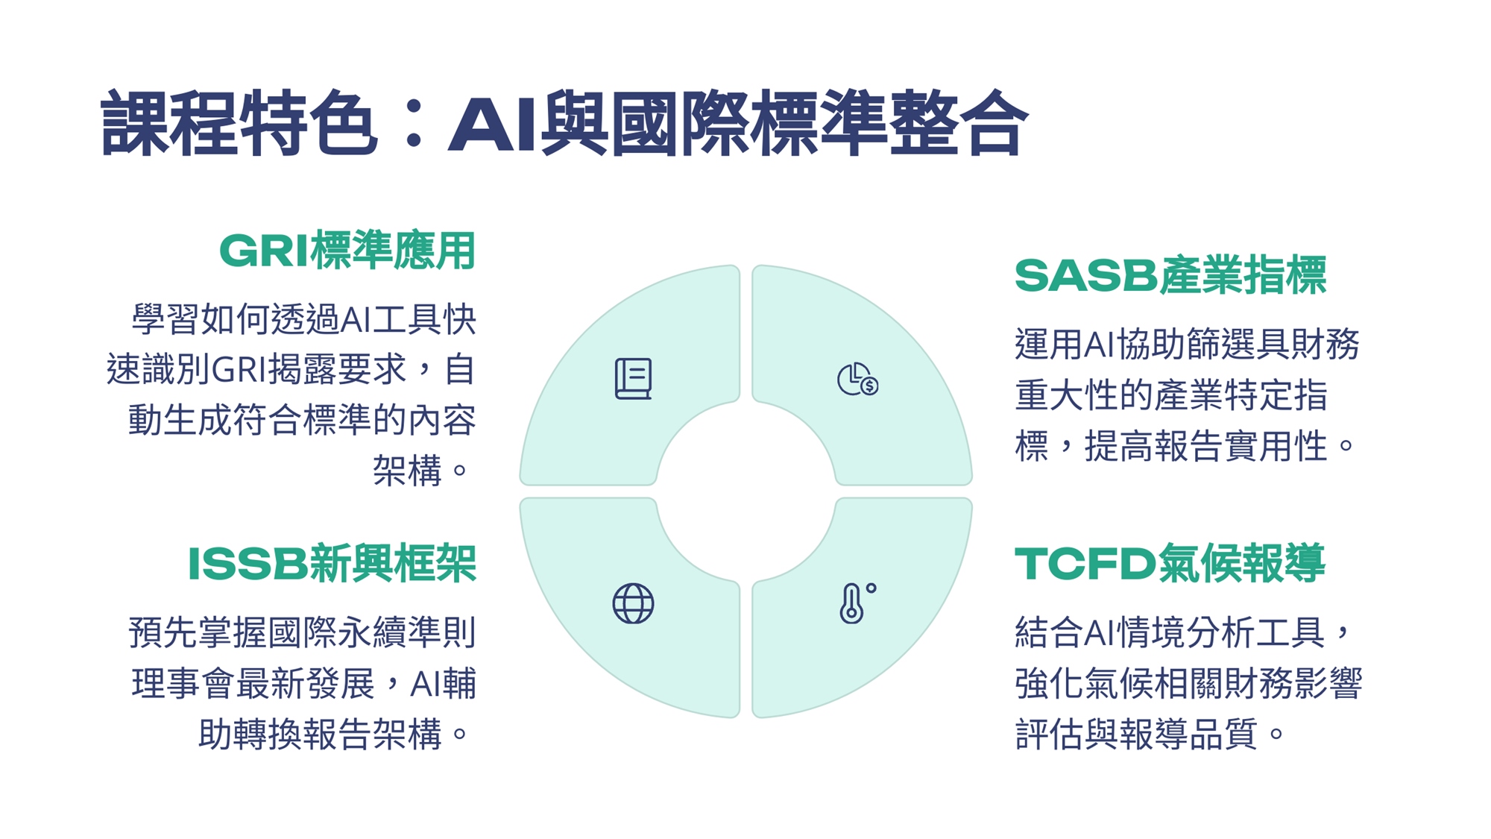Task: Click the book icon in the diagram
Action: click(633, 379)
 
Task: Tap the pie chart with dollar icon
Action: click(857, 379)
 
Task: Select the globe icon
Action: click(633, 603)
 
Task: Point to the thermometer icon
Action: click(857, 603)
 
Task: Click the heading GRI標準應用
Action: click(347, 251)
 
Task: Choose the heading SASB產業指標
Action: click(1170, 275)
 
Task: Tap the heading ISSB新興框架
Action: click(332, 563)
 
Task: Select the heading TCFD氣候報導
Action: click(1170, 563)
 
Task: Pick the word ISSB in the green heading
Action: click(248, 563)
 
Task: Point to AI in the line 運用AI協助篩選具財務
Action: click(1100, 345)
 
